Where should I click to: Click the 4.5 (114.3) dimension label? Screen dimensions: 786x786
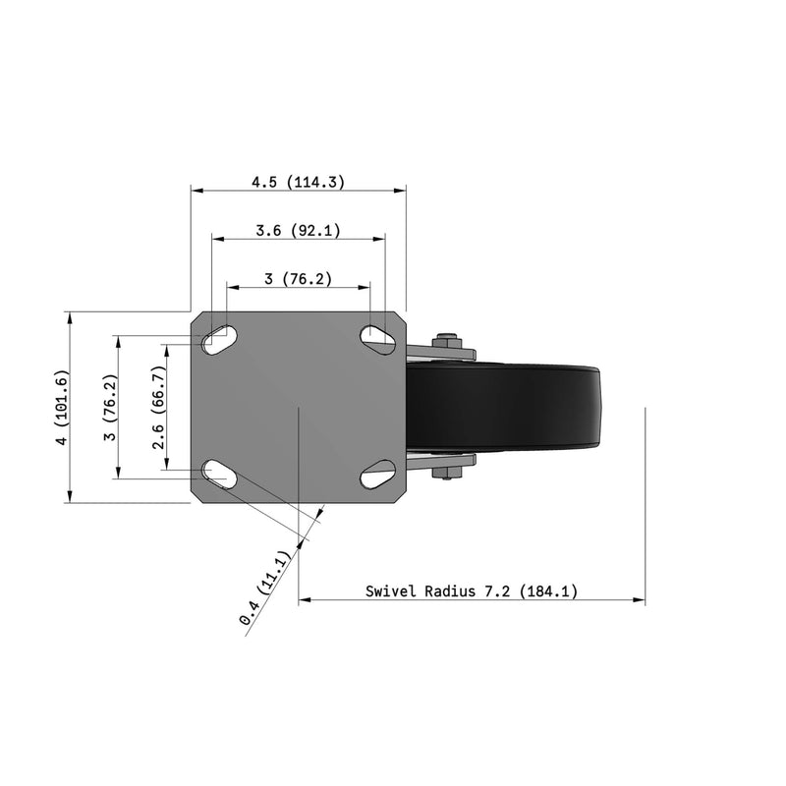298,182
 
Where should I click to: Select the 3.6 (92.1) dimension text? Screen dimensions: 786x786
298,231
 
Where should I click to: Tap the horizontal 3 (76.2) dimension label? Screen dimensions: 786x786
298,279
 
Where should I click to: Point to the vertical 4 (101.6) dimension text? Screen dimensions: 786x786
62,409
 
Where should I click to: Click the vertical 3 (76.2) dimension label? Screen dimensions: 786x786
111,409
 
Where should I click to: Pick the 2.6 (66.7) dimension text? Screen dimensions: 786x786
159,409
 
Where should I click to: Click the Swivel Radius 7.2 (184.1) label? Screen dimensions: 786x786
472,591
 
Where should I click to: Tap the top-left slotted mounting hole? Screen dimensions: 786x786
218,339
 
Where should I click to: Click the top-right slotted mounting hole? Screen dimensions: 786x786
377,339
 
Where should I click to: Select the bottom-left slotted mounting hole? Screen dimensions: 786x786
218,477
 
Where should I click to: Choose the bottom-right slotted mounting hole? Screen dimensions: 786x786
377,477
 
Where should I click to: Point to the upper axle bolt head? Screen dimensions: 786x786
448,341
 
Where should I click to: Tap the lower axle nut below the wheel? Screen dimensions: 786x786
448,476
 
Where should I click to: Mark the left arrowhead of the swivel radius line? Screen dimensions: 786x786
304,598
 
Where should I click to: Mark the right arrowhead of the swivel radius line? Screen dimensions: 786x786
640,598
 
